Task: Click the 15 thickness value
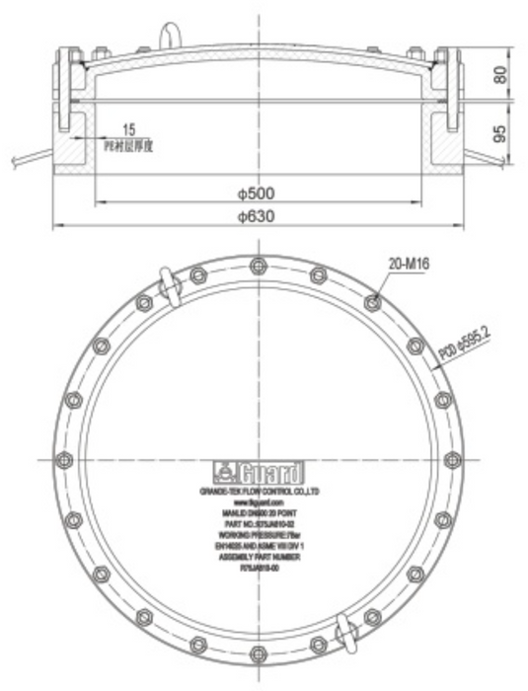point(129,129)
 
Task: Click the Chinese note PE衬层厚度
point(129,145)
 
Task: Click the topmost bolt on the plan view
point(259,265)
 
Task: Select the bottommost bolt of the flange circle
point(259,653)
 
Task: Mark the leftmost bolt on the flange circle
point(65,459)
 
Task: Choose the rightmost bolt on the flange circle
point(452,459)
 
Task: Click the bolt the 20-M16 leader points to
point(372,302)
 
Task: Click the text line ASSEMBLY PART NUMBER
point(259,557)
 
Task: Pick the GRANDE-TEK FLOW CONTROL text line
point(259,491)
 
